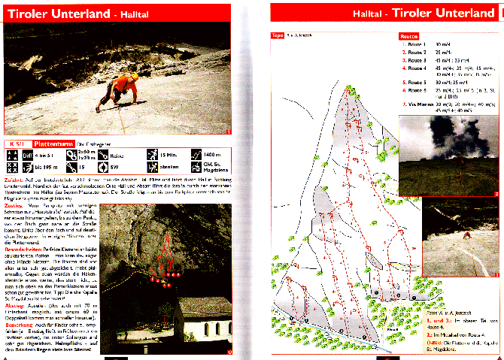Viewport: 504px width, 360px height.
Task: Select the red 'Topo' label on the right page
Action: point(277,35)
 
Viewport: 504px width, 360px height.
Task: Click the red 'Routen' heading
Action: point(409,35)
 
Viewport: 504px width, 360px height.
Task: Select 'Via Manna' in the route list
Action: point(420,103)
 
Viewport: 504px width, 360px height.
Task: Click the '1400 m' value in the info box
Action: point(211,153)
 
